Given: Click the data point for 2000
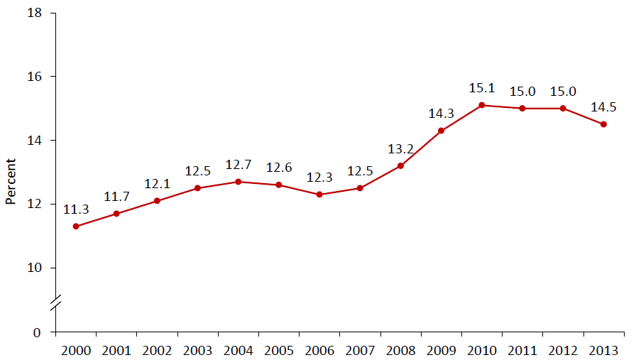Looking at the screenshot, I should (x=76, y=227).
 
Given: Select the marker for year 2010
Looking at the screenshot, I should (x=482, y=105).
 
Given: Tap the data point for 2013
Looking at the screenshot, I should (x=603, y=124).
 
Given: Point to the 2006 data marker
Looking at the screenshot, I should (x=319, y=195).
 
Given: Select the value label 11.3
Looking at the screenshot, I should (x=75, y=210).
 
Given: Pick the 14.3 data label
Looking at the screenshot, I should (x=440, y=114).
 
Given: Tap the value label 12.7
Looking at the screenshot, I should (x=238, y=165).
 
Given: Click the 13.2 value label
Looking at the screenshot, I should (x=400, y=150).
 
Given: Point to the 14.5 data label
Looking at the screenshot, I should (x=603, y=108).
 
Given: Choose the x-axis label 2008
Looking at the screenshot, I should (x=400, y=351).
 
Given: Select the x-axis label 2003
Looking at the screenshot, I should (x=197, y=351).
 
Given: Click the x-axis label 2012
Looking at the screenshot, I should (x=563, y=351).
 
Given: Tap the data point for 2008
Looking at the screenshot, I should (x=400, y=166).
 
